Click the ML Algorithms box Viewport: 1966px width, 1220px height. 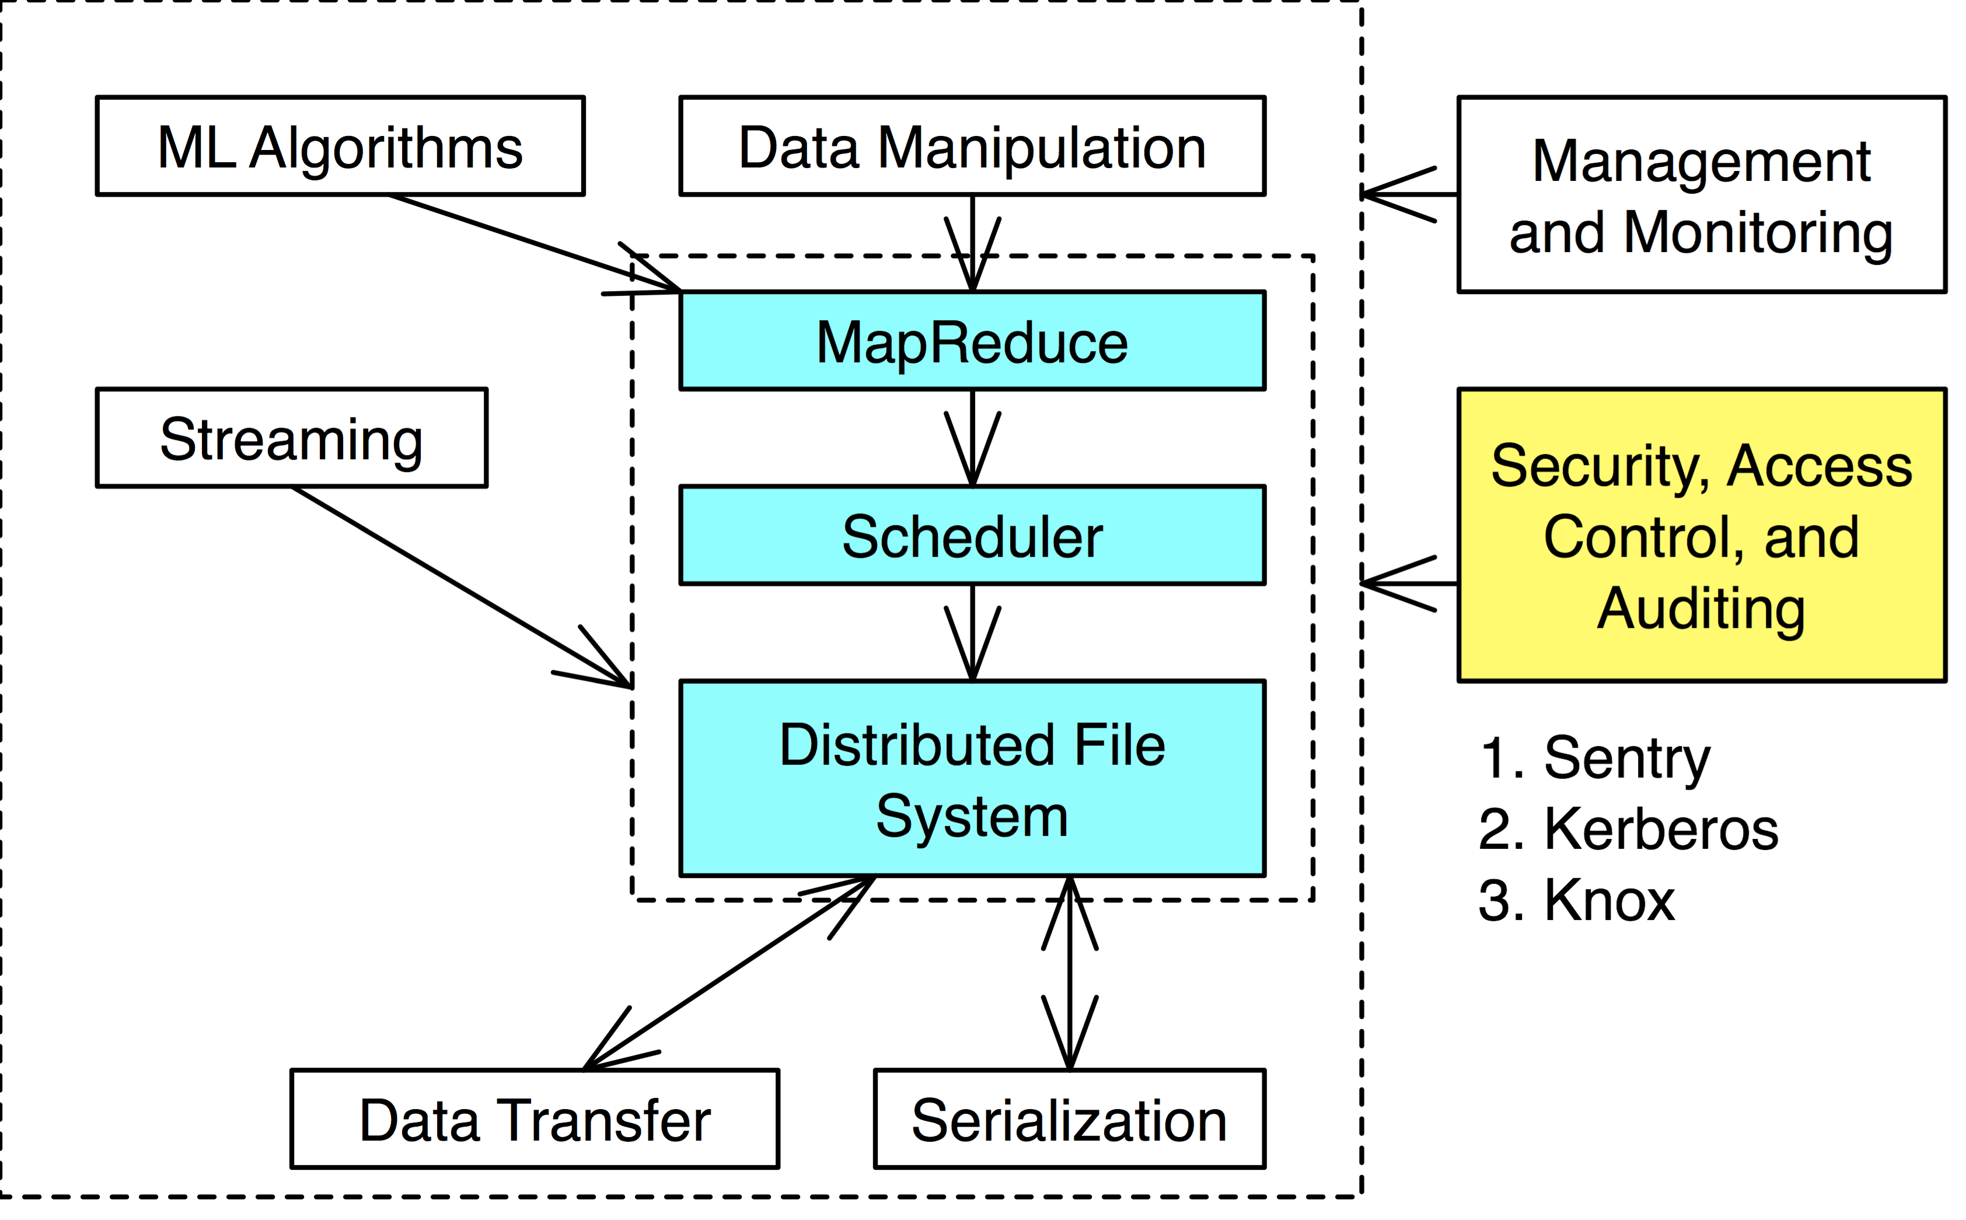pyautogui.click(x=340, y=146)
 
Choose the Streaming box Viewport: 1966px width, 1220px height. pyautogui.click(x=291, y=438)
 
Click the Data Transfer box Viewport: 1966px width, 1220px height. pyautogui.click(x=535, y=1118)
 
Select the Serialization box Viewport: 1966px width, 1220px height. pyautogui.click(x=1069, y=1118)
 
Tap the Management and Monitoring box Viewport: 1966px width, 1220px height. pyautogui.click(x=1701, y=194)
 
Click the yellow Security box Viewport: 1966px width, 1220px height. pyautogui.click(x=1701, y=535)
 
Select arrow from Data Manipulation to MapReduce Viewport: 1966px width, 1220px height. pyautogui.click(x=973, y=242)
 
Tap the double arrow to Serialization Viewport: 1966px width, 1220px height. pyautogui.click(x=1069, y=972)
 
